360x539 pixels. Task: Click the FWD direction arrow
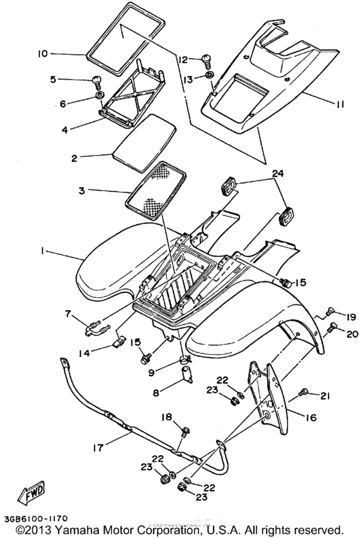pyautogui.click(x=32, y=493)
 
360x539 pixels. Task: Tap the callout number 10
pyautogui.click(x=43, y=53)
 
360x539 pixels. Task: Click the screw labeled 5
pyautogui.click(x=97, y=81)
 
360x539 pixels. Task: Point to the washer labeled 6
pyautogui.click(x=100, y=95)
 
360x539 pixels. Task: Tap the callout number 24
pyautogui.click(x=278, y=174)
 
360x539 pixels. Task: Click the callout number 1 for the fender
pyautogui.click(x=42, y=251)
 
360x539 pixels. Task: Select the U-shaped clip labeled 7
pyautogui.click(x=96, y=328)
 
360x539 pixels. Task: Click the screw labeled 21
pyautogui.click(x=303, y=393)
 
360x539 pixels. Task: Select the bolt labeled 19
pyautogui.click(x=330, y=312)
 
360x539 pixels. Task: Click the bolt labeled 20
pyautogui.click(x=332, y=327)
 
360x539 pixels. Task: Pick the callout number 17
pyautogui.click(x=98, y=448)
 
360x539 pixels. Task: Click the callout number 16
pyautogui.click(x=310, y=418)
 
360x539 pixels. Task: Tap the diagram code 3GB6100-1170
pyautogui.click(x=36, y=518)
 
